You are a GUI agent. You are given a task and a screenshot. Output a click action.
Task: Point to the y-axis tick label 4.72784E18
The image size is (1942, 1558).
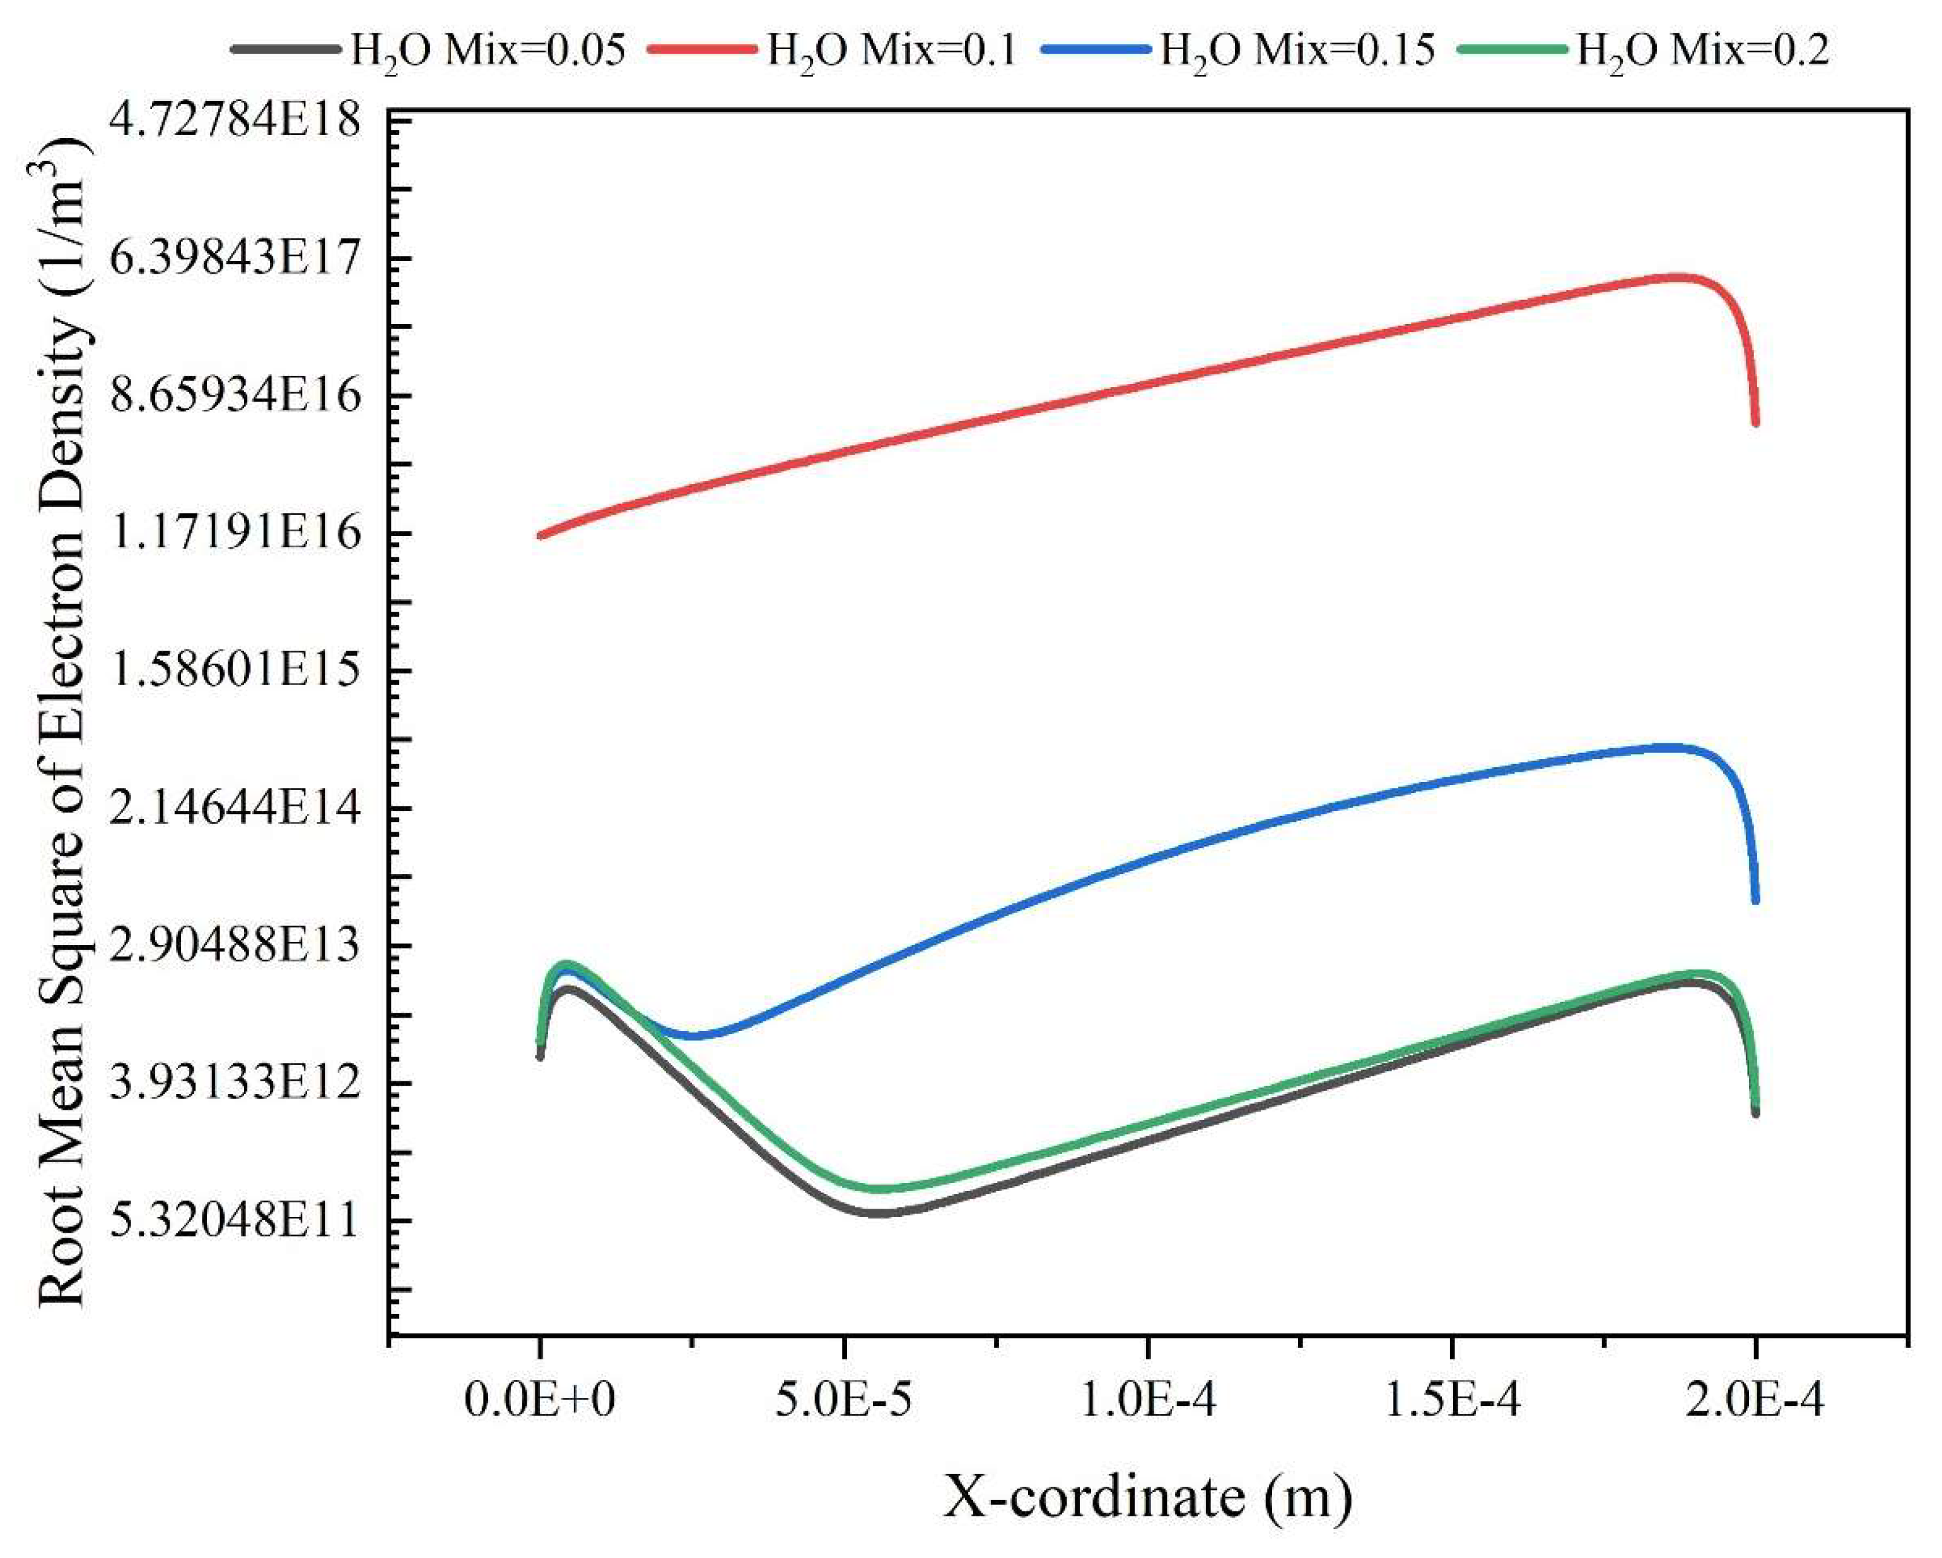[234, 120]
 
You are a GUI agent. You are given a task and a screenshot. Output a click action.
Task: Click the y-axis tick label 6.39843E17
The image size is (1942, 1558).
[234, 259]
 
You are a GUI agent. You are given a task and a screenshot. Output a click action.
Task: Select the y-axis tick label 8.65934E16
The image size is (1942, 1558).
[234, 396]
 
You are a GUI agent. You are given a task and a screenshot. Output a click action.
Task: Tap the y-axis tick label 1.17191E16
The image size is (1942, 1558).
[234, 534]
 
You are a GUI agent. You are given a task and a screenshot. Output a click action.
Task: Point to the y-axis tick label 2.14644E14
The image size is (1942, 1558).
[234, 810]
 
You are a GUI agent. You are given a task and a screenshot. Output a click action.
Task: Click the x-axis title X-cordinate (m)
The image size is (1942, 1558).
[1147, 1499]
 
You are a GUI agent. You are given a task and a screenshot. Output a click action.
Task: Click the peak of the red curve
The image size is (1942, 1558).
[1677, 277]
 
